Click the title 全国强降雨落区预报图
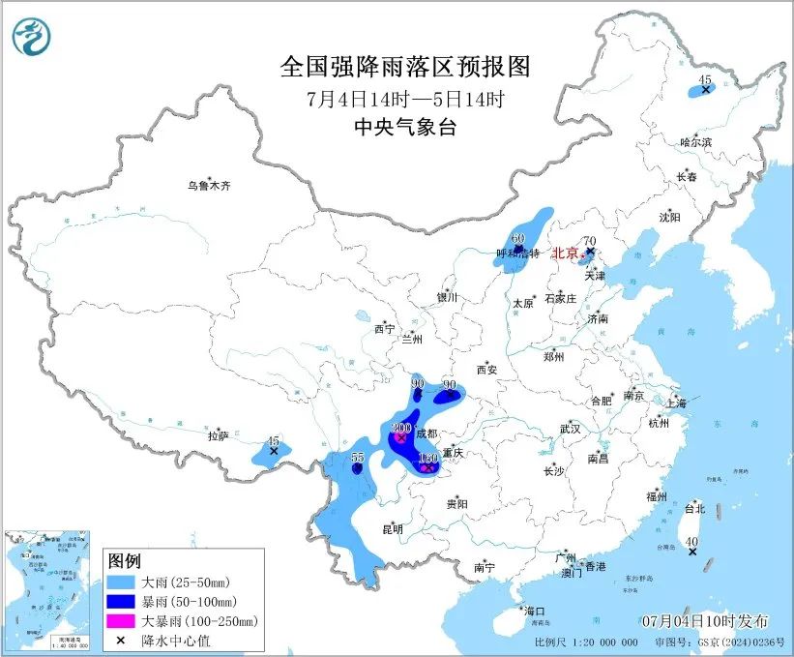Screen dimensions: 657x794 [405, 66]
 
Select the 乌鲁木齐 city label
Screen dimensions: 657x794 [210, 185]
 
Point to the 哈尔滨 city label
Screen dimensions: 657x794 [695, 142]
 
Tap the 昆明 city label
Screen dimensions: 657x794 [393, 528]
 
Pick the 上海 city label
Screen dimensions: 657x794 [675, 403]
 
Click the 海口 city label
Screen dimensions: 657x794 [535, 612]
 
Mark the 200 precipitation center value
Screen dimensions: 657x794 [402, 428]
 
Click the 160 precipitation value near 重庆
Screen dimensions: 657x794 [428, 458]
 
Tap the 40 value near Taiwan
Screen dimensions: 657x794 [691, 541]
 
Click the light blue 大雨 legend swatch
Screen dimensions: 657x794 [122, 582]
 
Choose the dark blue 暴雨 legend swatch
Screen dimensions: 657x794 [122, 602]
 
